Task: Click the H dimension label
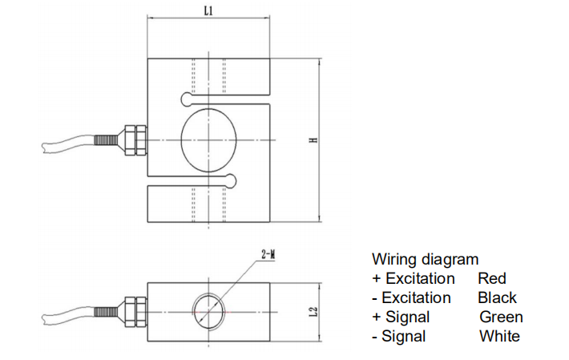pyautogui.click(x=314, y=140)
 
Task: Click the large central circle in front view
pyautogui.click(x=209, y=140)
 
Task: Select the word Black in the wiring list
pyautogui.click(x=497, y=298)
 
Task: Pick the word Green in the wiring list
pyautogui.click(x=500, y=318)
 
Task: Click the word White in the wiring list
pyautogui.click(x=499, y=337)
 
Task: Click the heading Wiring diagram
pyautogui.click(x=425, y=260)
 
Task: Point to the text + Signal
pyautogui.click(x=401, y=318)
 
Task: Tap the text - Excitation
pyautogui.click(x=411, y=298)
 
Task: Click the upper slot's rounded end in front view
pyautogui.click(x=187, y=99)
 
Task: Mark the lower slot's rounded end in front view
pyautogui.click(x=232, y=179)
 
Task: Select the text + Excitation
pyautogui.click(x=413, y=279)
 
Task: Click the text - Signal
pyautogui.click(x=399, y=337)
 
